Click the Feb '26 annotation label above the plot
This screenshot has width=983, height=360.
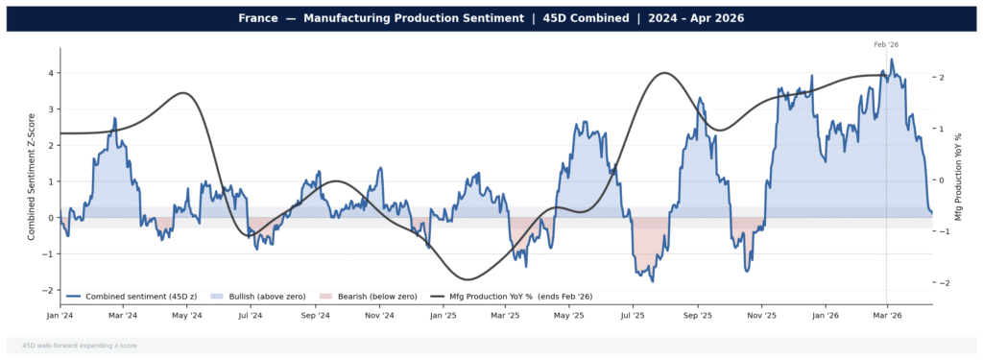click(886, 45)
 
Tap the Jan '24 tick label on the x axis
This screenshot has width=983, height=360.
click(60, 315)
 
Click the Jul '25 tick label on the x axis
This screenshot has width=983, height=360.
click(633, 315)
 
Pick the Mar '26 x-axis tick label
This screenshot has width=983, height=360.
click(886, 315)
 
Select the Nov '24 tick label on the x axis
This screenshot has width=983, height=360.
click(380, 315)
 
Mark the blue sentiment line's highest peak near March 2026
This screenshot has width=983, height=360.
click(892, 60)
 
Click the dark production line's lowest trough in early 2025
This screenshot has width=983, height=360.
click(465, 279)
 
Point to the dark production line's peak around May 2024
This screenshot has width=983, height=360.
click(183, 93)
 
